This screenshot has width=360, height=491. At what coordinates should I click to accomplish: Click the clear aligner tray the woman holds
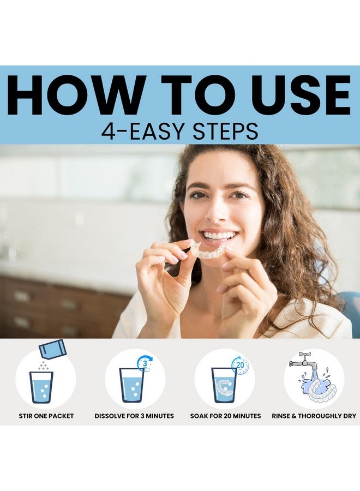[x=207, y=250]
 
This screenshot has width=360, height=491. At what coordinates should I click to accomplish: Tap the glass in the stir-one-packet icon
[x=41, y=386]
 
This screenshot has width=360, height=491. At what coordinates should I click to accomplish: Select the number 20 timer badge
[x=239, y=365]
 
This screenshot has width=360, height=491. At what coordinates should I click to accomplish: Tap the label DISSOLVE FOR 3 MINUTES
[x=134, y=416]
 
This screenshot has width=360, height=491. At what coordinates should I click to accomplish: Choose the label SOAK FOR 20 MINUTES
[x=225, y=416]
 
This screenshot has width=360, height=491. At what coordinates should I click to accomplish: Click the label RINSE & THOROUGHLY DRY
[x=314, y=416]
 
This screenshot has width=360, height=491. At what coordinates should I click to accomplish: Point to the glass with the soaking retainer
[x=224, y=385]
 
